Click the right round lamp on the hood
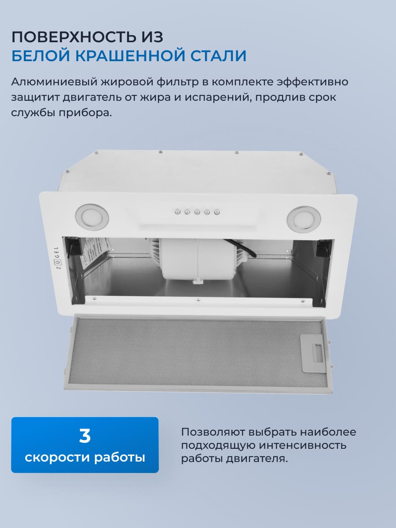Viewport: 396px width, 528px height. click(x=304, y=217)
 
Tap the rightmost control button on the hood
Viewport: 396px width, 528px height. click(x=216, y=213)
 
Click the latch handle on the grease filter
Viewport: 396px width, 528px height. click(x=315, y=350)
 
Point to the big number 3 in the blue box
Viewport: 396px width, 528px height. click(x=84, y=436)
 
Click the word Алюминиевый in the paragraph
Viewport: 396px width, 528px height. click(x=55, y=82)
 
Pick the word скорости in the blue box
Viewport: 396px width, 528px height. click(x=57, y=457)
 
